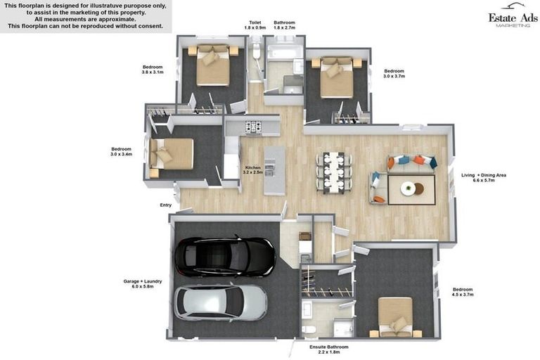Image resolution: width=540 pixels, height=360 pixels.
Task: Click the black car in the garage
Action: tap(224, 255)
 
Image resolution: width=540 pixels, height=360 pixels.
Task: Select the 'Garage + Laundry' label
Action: tap(143, 284)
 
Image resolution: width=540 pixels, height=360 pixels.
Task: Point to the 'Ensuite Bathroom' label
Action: tap(329, 349)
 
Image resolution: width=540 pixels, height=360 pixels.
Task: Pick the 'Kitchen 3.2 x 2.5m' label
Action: tap(252, 170)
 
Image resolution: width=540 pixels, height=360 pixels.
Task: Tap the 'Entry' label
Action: tap(166, 205)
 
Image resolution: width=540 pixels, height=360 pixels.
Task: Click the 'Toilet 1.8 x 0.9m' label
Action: tap(255, 25)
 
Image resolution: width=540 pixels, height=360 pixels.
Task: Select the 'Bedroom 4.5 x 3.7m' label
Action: tap(463, 292)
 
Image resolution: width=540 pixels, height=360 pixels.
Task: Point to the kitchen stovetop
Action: tap(252, 127)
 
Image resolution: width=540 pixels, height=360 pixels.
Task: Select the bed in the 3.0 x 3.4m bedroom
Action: tap(172, 153)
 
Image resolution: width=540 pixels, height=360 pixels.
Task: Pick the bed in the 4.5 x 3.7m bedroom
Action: tap(395, 316)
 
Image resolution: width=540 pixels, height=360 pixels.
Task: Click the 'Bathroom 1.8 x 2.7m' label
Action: tap(285, 25)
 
